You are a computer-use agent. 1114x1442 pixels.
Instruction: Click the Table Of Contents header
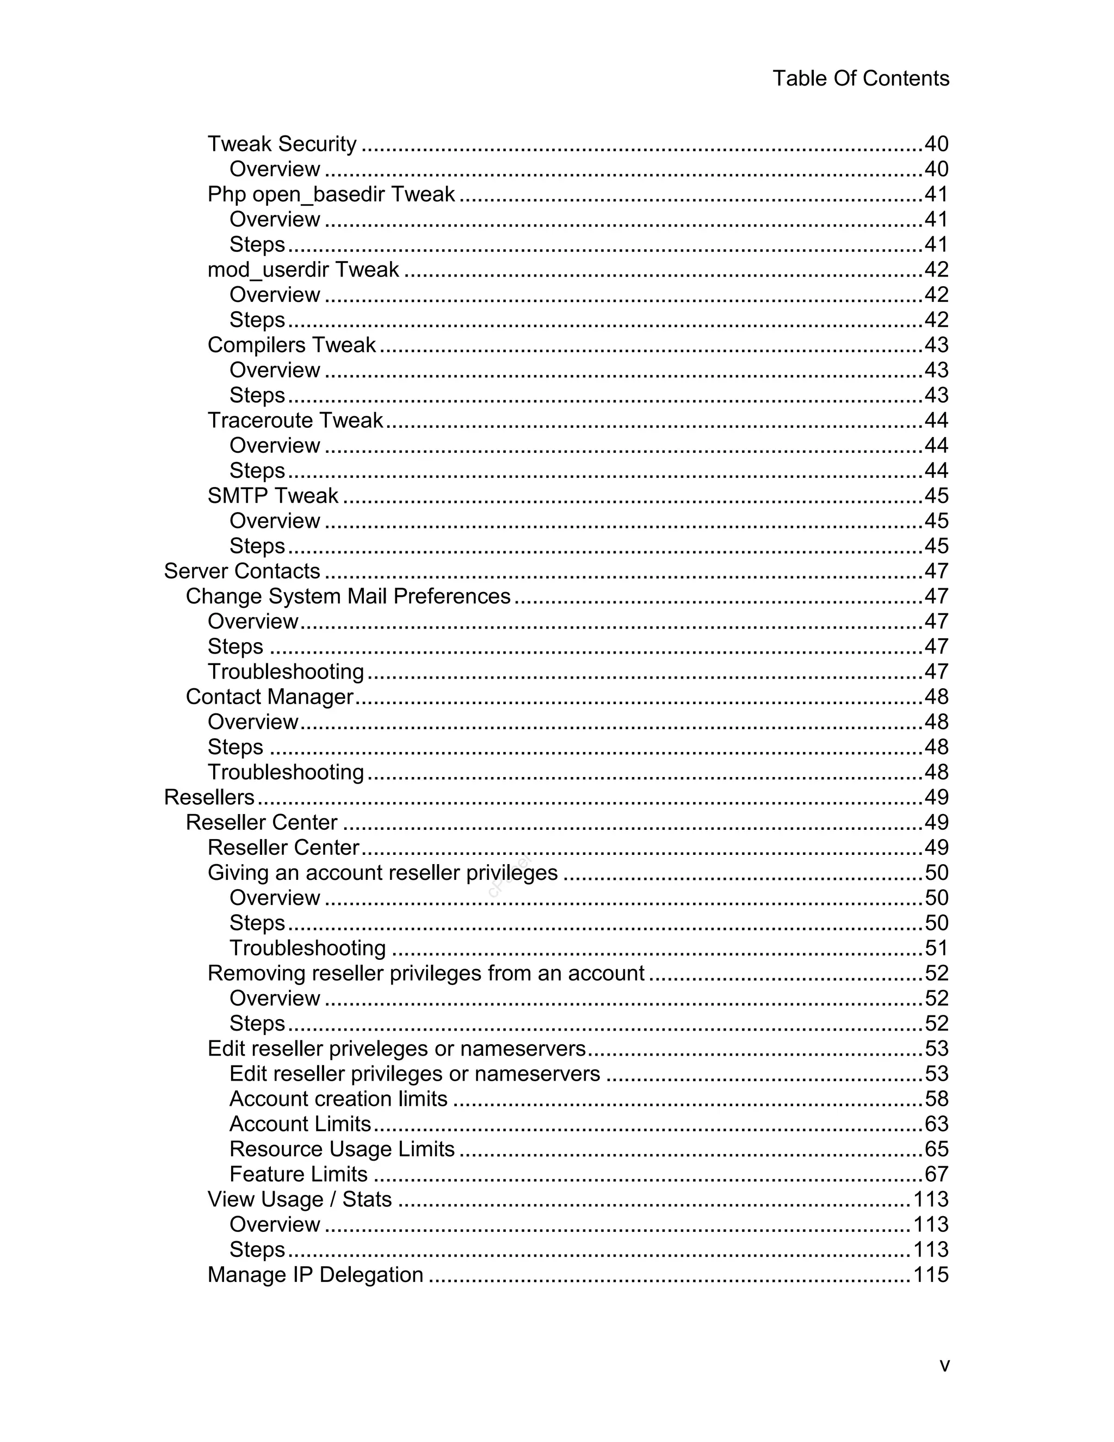click(861, 78)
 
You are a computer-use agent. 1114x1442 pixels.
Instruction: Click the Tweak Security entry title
click(282, 144)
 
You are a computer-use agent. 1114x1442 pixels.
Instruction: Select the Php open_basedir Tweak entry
click(331, 194)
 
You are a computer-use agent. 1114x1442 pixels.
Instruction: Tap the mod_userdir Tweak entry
click(303, 269)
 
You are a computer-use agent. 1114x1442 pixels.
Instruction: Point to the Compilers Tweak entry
click(291, 344)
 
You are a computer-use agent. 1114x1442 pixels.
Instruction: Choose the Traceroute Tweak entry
click(295, 420)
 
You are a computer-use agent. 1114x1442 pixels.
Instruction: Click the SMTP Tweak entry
click(273, 495)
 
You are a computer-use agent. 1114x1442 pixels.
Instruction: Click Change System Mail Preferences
click(348, 596)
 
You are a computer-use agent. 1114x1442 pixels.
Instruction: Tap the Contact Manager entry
click(269, 697)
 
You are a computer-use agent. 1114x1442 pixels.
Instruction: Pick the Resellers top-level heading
click(208, 797)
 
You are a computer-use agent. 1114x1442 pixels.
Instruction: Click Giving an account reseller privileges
click(382, 872)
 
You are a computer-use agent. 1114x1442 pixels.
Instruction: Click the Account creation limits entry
click(338, 1098)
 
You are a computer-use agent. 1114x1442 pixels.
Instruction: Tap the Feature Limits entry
click(298, 1173)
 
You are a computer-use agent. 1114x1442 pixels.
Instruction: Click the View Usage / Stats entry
click(300, 1198)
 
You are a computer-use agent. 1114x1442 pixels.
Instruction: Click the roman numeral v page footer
click(944, 1365)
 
